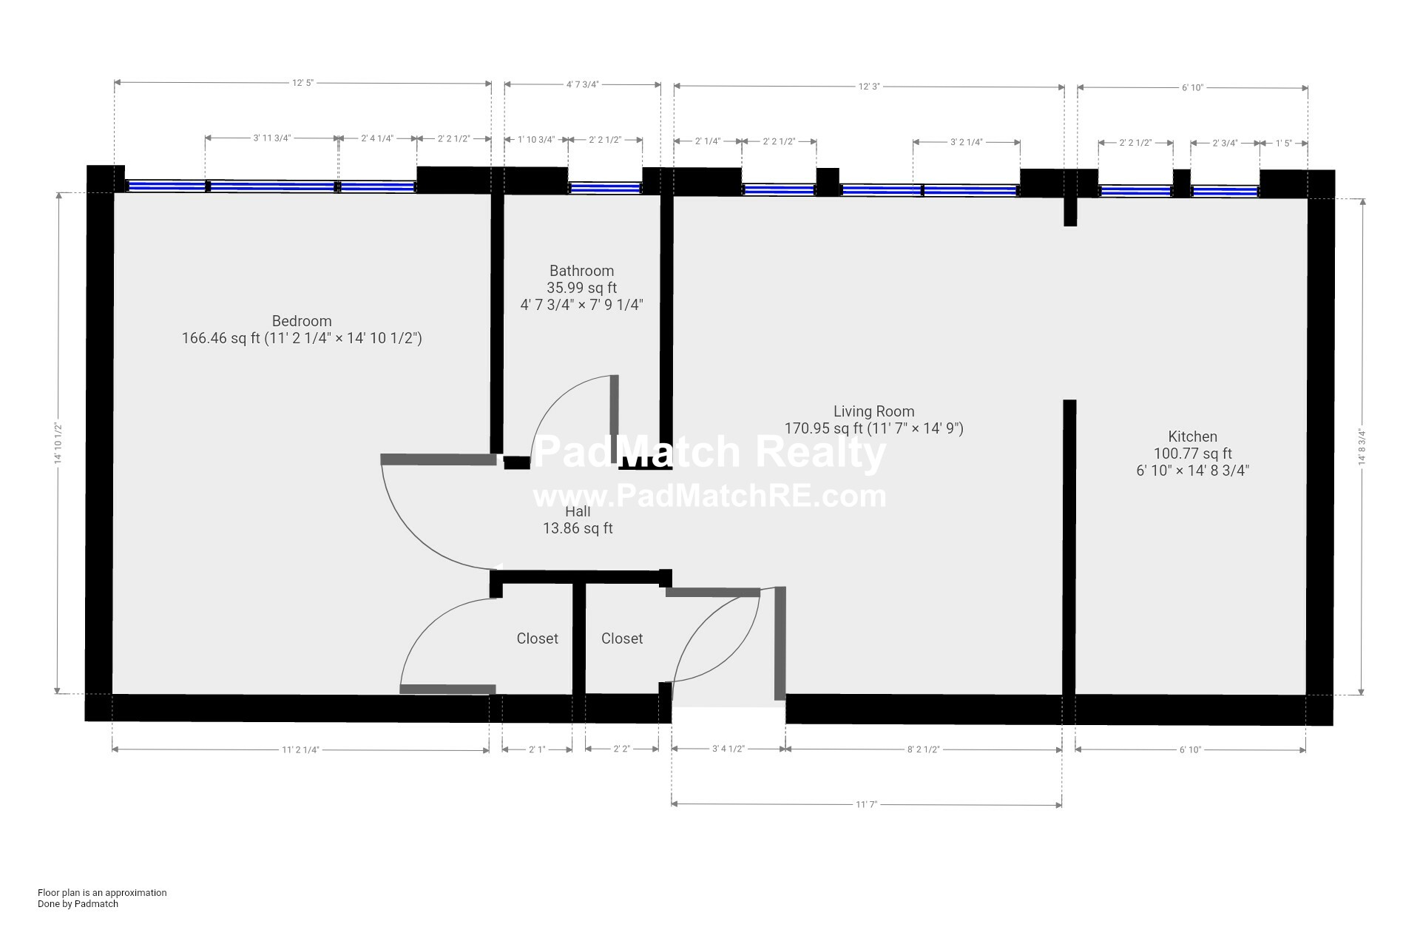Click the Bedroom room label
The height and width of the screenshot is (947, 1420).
pyautogui.click(x=302, y=321)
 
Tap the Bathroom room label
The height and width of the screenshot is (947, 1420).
pyautogui.click(x=581, y=271)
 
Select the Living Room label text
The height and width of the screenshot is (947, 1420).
pyautogui.click(x=873, y=411)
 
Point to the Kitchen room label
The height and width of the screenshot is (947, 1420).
pyautogui.click(x=1192, y=437)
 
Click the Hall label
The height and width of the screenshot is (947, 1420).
pyautogui.click(x=578, y=511)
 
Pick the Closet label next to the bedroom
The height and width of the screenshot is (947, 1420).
pyautogui.click(x=537, y=638)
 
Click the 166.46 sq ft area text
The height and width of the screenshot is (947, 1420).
pyautogui.click(x=221, y=339)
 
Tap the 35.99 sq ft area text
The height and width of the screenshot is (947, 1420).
pyautogui.click(x=581, y=288)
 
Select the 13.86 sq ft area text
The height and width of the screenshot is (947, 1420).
pyautogui.click(x=578, y=528)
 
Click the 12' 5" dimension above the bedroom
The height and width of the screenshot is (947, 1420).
pyautogui.click(x=302, y=83)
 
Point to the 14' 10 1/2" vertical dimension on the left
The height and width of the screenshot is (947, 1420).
pyautogui.click(x=57, y=443)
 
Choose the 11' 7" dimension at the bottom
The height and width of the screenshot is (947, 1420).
pyautogui.click(x=866, y=804)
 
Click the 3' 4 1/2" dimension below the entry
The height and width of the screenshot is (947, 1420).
pyautogui.click(x=728, y=749)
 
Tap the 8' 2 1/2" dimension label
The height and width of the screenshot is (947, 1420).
pyautogui.click(x=923, y=749)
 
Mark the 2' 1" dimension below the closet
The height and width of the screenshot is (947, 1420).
pyautogui.click(x=537, y=749)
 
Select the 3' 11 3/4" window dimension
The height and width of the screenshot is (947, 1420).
pyautogui.click(x=272, y=138)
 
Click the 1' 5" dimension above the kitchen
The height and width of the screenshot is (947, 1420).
pyautogui.click(x=1284, y=143)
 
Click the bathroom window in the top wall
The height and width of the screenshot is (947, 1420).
pyautogui.click(x=605, y=188)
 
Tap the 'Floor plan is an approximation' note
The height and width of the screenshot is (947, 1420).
pyautogui.click(x=102, y=892)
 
